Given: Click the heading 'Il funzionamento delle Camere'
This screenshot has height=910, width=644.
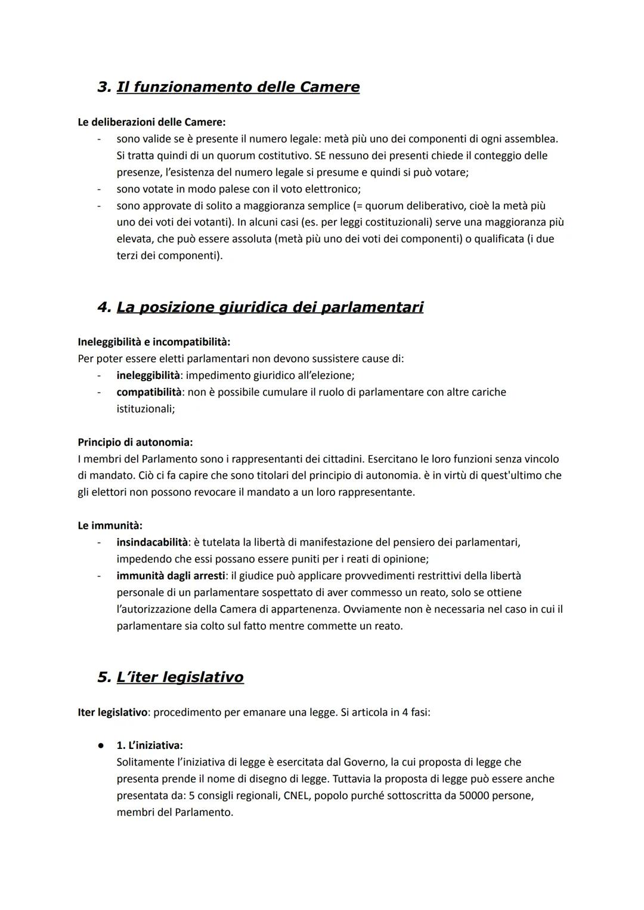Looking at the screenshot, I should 238,87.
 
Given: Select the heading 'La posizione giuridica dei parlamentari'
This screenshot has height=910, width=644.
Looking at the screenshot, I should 270,307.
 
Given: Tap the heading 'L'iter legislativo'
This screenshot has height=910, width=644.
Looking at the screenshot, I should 180,677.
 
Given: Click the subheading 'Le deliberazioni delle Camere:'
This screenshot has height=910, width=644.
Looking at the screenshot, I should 151,122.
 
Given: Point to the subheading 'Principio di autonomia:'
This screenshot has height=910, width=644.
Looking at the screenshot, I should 135,443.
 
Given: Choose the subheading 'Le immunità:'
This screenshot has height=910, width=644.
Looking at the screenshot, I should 110,526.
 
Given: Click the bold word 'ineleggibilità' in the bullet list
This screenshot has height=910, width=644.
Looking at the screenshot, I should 148,376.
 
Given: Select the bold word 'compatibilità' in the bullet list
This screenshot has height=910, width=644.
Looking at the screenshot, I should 148,393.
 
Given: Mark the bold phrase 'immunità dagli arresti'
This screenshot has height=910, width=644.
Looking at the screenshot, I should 171,576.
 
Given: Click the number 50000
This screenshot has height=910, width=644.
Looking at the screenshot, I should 475,796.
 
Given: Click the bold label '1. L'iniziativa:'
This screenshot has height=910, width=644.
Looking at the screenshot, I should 150,746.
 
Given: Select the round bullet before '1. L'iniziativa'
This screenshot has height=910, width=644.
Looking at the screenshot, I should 102,746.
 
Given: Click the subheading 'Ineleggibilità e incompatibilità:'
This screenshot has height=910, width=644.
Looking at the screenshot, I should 154,343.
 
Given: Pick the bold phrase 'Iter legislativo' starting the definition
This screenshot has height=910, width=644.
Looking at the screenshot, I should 112,712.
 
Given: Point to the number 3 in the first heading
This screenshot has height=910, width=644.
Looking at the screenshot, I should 103,87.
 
